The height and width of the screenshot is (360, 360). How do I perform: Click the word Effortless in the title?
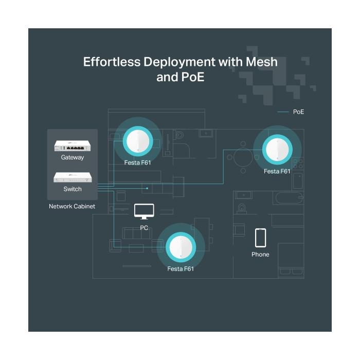[x=112, y=62]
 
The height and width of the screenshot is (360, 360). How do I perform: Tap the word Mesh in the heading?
[x=261, y=62]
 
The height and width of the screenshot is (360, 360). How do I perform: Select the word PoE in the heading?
[x=193, y=77]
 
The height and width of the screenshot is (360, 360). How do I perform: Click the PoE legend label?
[x=298, y=112]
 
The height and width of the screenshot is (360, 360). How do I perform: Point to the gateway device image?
[x=73, y=146]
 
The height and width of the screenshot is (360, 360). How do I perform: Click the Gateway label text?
[x=73, y=157]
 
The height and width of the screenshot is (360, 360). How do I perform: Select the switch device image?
[x=73, y=177]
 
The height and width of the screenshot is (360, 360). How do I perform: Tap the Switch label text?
[x=73, y=189]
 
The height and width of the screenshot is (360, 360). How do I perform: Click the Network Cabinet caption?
[x=72, y=206]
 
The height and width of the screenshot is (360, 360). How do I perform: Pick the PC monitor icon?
[x=144, y=211]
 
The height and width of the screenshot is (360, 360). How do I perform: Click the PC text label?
[x=144, y=228]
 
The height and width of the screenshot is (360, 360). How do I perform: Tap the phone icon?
[x=260, y=238]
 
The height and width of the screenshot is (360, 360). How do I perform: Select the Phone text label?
[x=260, y=255]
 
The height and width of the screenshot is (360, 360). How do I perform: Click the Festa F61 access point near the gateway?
[x=138, y=141]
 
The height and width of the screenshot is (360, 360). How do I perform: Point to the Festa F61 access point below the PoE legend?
[x=277, y=150]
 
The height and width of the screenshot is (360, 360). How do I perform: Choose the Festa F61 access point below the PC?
[x=181, y=247]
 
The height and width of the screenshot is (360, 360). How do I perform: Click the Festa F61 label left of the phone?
[x=181, y=269]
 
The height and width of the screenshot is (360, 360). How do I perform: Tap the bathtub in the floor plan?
[x=289, y=198]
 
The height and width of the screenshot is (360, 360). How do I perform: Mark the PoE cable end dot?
[x=147, y=188]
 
